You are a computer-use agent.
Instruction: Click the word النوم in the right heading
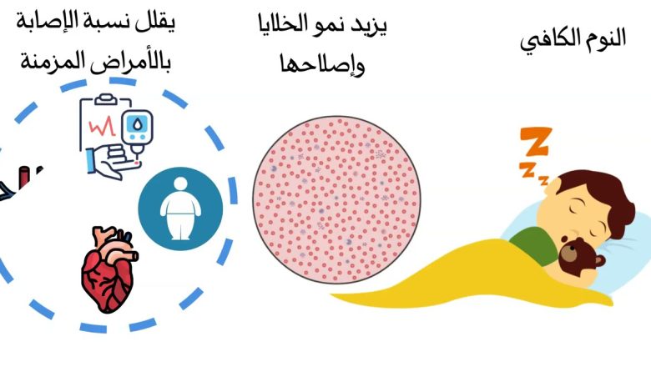click(606, 42)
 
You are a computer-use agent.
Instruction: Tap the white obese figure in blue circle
click(179, 209)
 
